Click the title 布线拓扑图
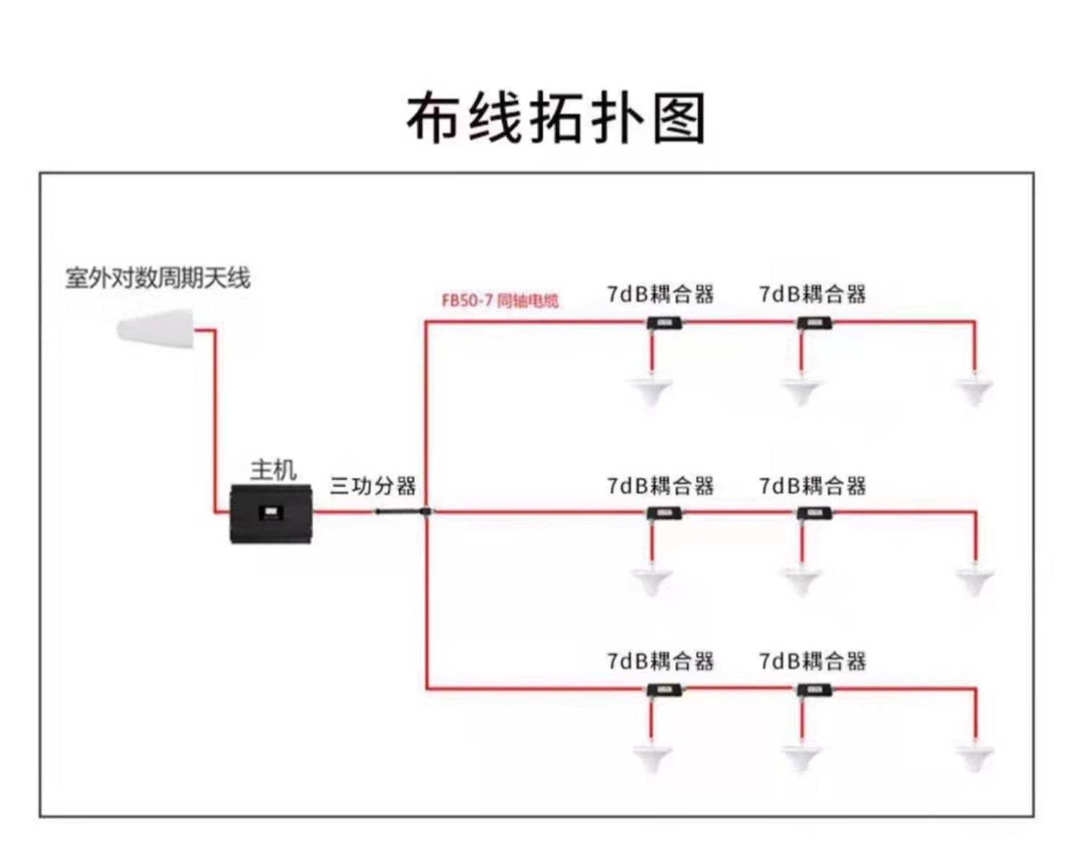(x=556, y=118)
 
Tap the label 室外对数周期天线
(x=158, y=278)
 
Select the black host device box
(x=271, y=514)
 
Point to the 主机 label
(x=273, y=471)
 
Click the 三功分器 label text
(x=373, y=486)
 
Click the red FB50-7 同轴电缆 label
(x=500, y=301)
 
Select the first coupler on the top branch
(x=664, y=323)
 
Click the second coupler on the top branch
(x=814, y=323)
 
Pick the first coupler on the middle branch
(x=664, y=513)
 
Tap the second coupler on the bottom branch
(x=814, y=690)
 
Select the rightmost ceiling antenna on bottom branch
(x=975, y=756)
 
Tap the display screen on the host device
(x=270, y=513)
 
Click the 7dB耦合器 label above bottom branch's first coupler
(x=660, y=661)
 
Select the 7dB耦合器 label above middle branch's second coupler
(x=812, y=486)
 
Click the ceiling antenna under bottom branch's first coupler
(x=651, y=756)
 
